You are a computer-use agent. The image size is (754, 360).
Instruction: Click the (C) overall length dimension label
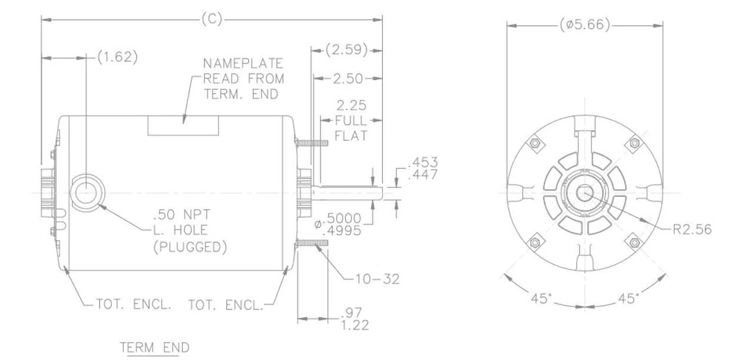(211, 19)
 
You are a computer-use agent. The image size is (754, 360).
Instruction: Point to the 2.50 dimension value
(348, 78)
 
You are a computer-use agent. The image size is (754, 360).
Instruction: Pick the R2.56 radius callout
(692, 229)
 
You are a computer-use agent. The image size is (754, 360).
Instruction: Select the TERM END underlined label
(155, 348)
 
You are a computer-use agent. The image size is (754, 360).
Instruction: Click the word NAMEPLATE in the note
(243, 64)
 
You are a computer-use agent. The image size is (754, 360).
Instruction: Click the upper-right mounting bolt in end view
(634, 143)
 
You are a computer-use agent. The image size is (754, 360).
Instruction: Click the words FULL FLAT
(351, 128)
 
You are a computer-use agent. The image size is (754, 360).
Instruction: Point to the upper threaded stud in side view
(312, 143)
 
